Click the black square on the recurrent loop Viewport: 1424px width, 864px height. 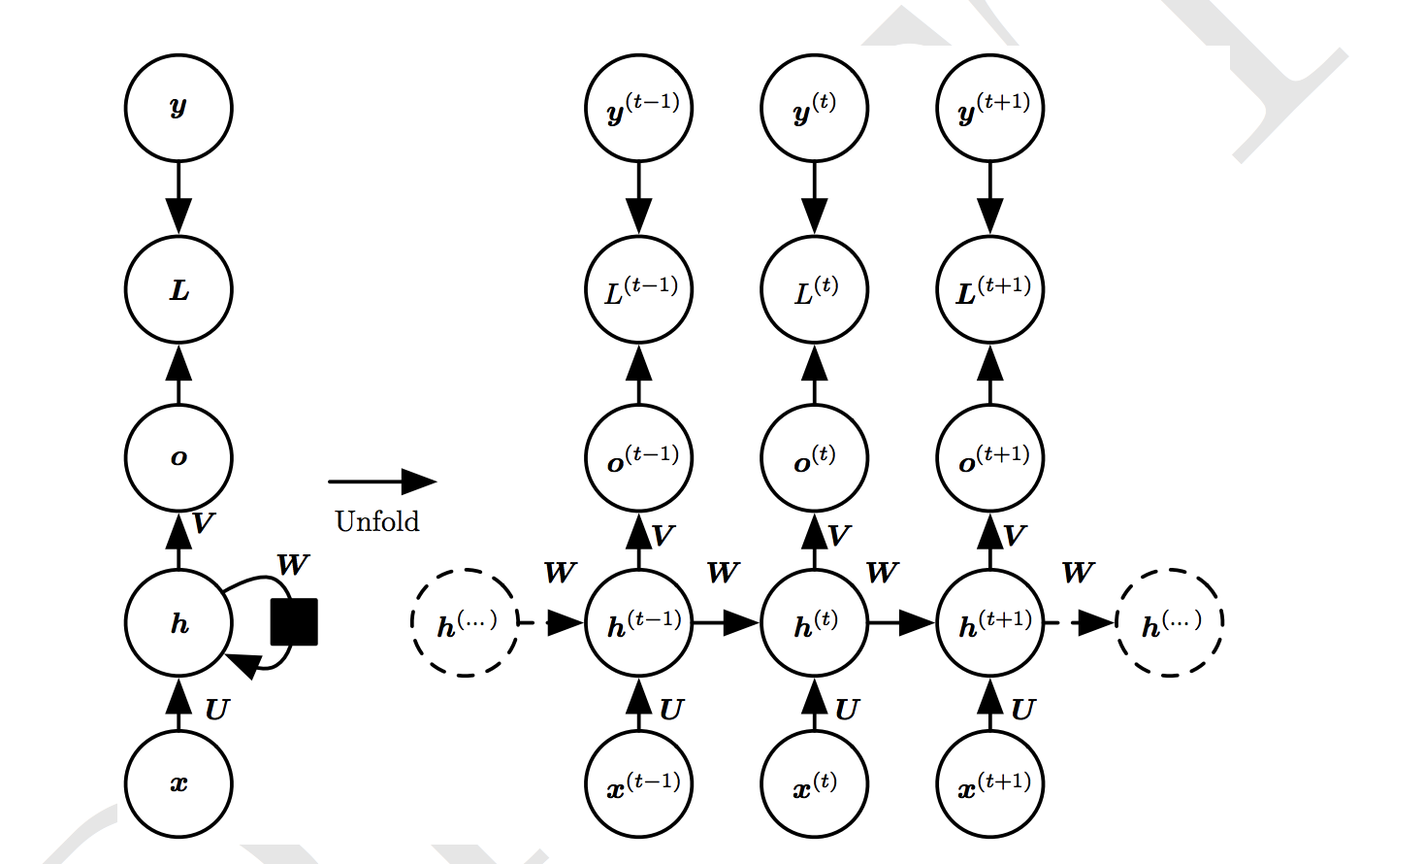tap(294, 621)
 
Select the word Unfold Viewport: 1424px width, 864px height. tap(376, 521)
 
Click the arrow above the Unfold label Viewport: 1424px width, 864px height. tap(382, 481)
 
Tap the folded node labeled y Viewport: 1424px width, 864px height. tap(178, 108)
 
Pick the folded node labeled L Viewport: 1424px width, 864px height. tap(178, 289)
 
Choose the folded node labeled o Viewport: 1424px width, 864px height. tap(178, 457)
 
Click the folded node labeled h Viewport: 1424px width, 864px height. tap(178, 622)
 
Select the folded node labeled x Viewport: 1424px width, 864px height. tap(178, 783)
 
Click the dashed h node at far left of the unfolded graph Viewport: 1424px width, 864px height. tap(465, 622)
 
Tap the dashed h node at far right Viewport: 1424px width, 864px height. tap(1170, 622)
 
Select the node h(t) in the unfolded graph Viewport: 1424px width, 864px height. tap(815, 622)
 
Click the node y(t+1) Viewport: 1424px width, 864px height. tap(990, 108)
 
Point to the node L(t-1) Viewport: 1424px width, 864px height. tap(639, 289)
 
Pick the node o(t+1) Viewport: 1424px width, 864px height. tap(990, 457)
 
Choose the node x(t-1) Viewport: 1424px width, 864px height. tap(639, 783)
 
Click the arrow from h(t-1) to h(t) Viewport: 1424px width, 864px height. tap(727, 622)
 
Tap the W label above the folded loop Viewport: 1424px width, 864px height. tap(292, 565)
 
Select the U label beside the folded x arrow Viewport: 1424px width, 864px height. tap(216, 710)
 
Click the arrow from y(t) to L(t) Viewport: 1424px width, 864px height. tap(815, 198)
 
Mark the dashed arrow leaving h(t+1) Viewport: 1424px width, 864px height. tap(1080, 622)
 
